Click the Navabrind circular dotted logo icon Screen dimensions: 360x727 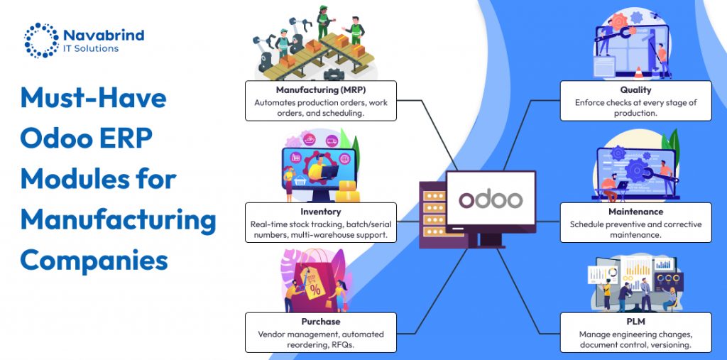40,40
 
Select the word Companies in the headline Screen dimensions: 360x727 94,260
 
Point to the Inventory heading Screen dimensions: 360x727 320,212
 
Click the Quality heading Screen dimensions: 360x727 635,91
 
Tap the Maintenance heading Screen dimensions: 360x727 635,212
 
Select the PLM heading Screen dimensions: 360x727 635,322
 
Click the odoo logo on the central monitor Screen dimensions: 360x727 491,200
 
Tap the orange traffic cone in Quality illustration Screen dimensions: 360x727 637,72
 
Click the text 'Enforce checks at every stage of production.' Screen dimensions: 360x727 635,108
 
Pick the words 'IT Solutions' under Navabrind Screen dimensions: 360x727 92,48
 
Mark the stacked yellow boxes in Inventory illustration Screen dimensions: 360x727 348,190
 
